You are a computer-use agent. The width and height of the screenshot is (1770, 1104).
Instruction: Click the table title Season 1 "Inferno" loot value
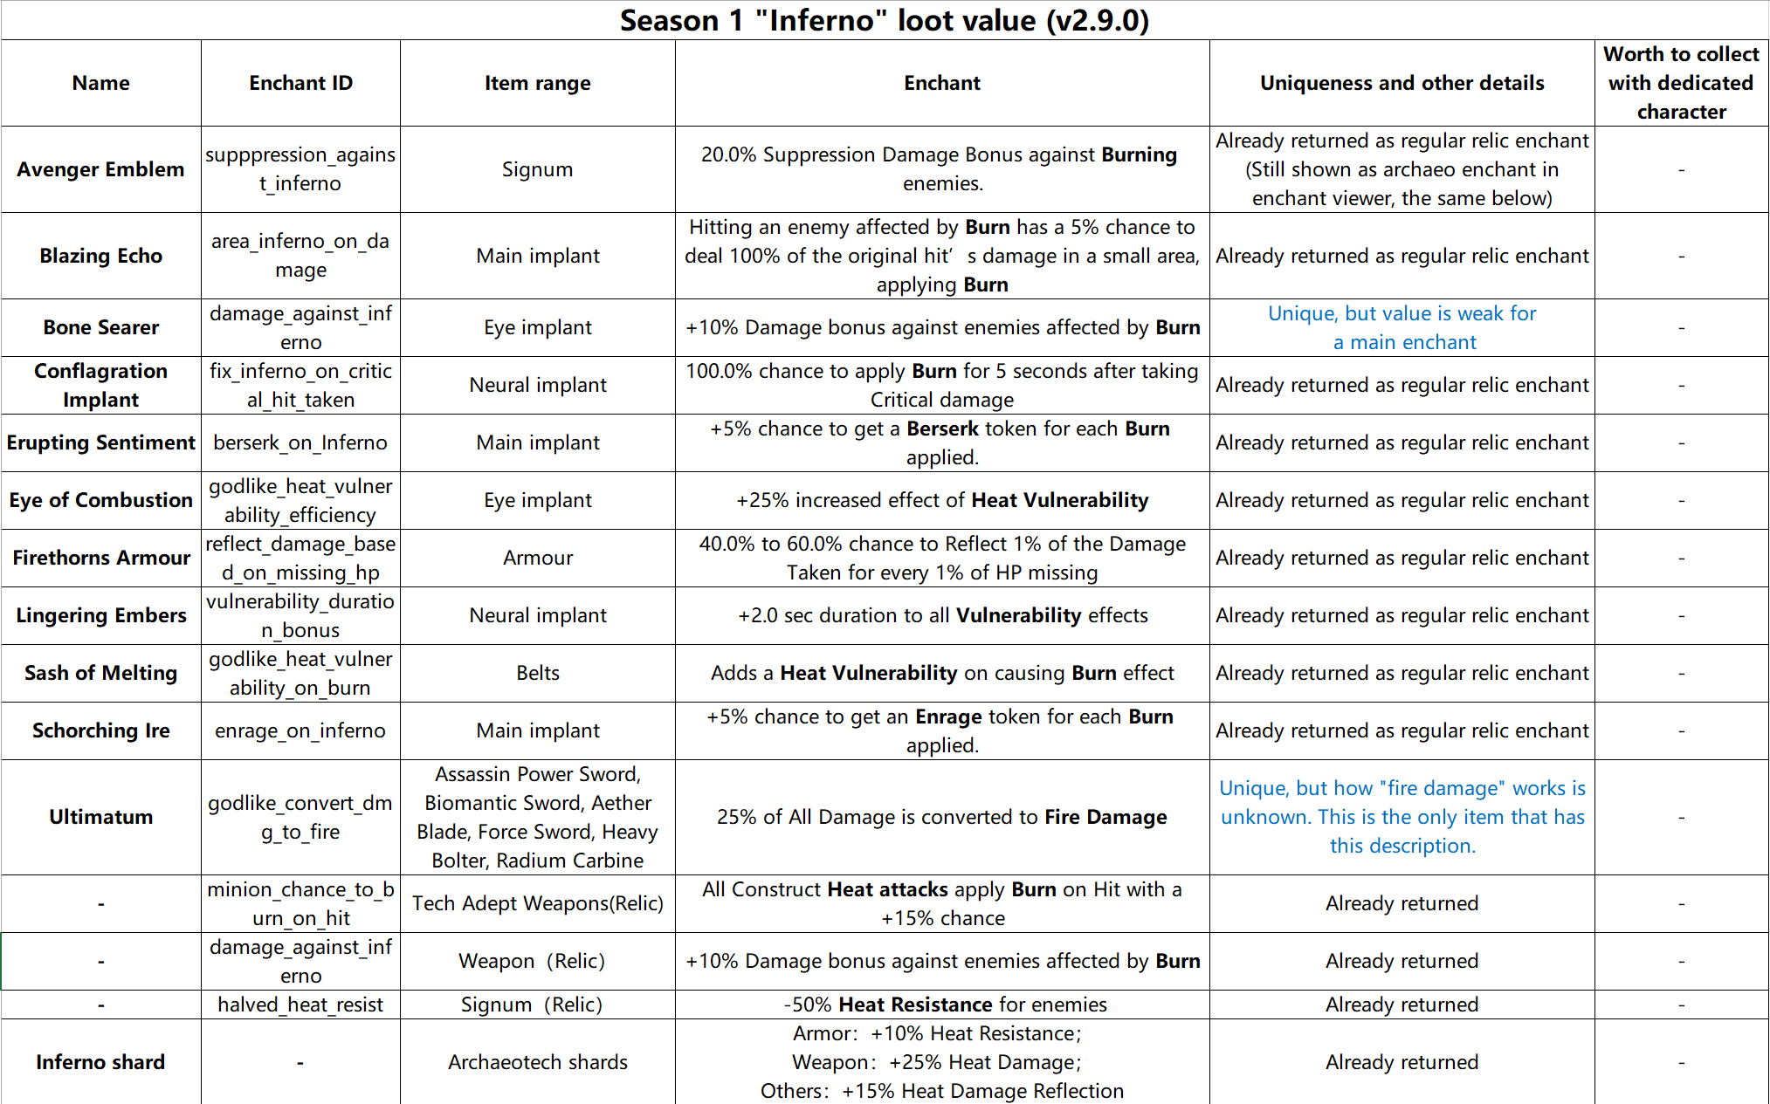click(x=884, y=20)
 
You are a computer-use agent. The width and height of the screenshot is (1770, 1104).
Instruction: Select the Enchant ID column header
click(x=300, y=83)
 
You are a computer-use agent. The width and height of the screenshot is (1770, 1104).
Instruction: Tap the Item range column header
click(x=537, y=83)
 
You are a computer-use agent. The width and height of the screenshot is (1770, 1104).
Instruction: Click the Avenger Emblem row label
click(x=100, y=169)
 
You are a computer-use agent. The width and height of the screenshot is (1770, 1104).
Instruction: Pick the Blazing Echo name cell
click(x=100, y=256)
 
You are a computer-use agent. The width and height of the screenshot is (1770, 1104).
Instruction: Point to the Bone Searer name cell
click(x=100, y=327)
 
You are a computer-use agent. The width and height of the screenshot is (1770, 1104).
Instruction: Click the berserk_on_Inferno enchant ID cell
click(x=300, y=442)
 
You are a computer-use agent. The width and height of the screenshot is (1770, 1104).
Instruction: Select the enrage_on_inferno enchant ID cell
click(x=300, y=730)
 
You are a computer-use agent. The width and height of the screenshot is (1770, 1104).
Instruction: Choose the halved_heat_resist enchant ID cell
click(x=300, y=1005)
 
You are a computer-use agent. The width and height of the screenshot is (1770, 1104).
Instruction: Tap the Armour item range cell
click(x=537, y=558)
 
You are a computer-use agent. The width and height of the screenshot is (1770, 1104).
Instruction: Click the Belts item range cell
click(x=537, y=673)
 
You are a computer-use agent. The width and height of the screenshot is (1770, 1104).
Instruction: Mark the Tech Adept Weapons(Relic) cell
click(x=537, y=903)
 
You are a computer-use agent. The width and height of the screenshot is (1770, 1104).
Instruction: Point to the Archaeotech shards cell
click(x=537, y=1062)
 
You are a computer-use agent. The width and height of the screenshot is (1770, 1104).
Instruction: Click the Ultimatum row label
click(x=100, y=817)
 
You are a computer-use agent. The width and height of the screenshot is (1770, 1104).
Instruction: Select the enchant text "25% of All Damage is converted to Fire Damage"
click(x=941, y=817)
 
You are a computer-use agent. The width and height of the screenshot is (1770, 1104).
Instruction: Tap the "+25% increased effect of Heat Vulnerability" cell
click(x=941, y=500)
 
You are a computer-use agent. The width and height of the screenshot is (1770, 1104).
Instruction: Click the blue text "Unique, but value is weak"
click(x=1402, y=313)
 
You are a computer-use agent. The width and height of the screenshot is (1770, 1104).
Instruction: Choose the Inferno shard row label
click(x=100, y=1062)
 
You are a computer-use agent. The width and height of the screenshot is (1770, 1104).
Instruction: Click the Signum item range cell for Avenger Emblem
click(x=537, y=169)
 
